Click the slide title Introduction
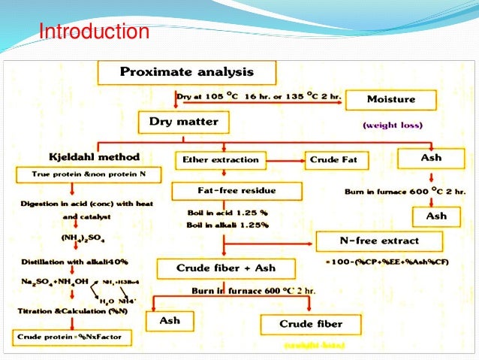tap(94, 33)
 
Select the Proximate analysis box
tap(187, 73)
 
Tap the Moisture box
tap(390, 99)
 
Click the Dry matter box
tap(183, 121)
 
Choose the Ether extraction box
tap(220, 159)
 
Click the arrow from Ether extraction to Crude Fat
tap(285, 159)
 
